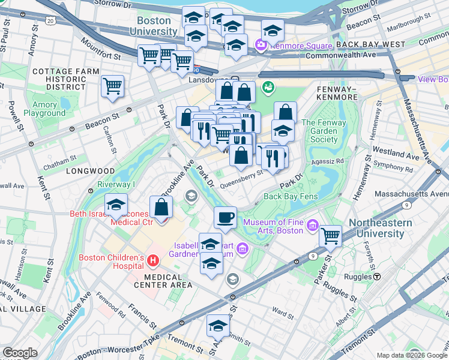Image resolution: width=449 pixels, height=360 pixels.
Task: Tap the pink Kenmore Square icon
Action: pyautogui.click(x=261, y=44)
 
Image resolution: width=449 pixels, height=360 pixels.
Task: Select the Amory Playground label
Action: pyautogui.click(x=45, y=109)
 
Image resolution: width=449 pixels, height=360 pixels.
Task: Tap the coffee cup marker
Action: pyautogui.click(x=225, y=217)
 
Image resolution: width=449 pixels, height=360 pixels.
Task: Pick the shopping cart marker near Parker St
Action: pyautogui.click(x=330, y=235)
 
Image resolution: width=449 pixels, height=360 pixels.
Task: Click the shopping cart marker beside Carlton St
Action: pyautogui.click(x=112, y=86)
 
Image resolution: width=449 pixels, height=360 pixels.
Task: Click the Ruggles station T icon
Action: pyautogui.click(x=378, y=277)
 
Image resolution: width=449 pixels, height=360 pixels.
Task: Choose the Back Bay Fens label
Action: pyautogui.click(x=290, y=196)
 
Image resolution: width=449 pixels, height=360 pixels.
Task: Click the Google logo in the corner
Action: pyautogui.click(x=20, y=353)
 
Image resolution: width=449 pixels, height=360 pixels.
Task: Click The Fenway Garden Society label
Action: pyautogui.click(x=328, y=131)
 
